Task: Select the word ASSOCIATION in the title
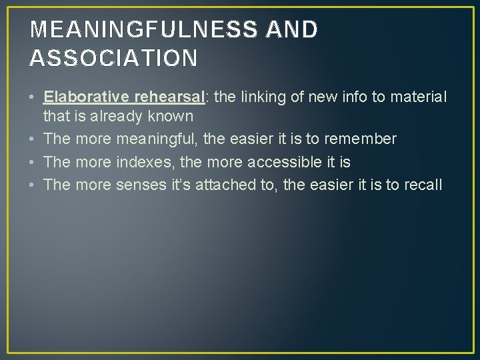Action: click(x=113, y=58)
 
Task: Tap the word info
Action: click(x=354, y=97)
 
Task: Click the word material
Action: click(x=419, y=97)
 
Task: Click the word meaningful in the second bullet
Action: click(x=159, y=139)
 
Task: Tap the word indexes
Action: click(x=145, y=161)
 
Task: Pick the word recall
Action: click(x=423, y=184)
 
